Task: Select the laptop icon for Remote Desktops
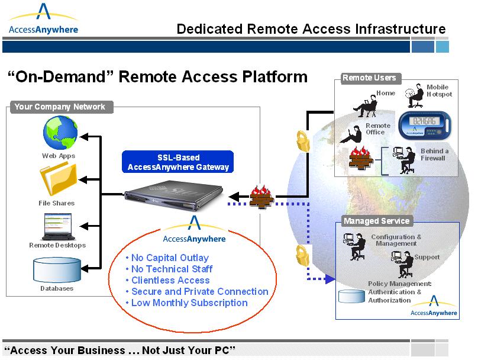coord(57,226)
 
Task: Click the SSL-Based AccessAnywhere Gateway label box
coord(178,162)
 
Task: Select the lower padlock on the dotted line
coord(300,255)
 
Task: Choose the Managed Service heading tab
coord(376,221)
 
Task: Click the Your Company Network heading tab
coord(60,107)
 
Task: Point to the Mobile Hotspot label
coord(438,91)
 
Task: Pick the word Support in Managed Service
coord(427,257)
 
